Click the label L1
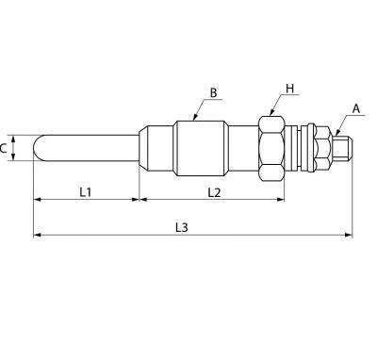[85, 191]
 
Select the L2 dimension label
[214, 192]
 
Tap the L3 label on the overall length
[181, 227]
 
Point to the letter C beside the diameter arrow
[3, 148]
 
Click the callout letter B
[213, 93]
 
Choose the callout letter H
[289, 89]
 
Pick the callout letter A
[356, 108]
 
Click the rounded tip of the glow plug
[36, 148]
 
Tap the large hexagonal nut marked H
[271, 149]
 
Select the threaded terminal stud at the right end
[343, 148]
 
